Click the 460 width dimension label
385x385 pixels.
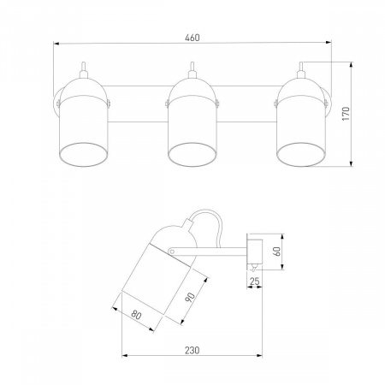[192, 38]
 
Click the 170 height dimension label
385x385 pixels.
[346, 113]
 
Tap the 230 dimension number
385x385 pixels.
[192, 350]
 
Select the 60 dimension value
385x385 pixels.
[277, 251]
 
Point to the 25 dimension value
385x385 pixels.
[255, 281]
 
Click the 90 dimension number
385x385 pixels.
[190, 297]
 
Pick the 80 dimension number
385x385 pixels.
[136, 315]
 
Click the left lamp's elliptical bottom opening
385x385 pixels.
[83, 155]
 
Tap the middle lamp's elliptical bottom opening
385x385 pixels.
[192, 155]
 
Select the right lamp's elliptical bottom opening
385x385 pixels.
[301, 155]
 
